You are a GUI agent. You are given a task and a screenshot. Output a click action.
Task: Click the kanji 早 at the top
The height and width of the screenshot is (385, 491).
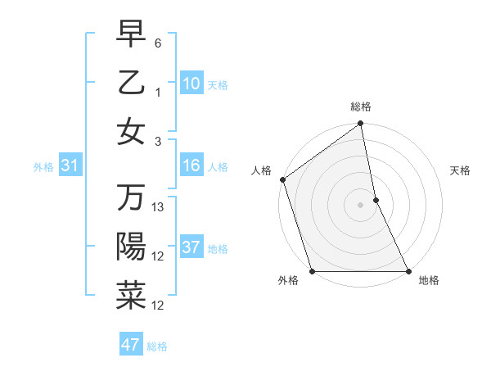click(x=131, y=34)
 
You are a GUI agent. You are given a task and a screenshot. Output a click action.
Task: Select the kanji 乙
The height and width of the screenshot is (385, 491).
click(x=131, y=82)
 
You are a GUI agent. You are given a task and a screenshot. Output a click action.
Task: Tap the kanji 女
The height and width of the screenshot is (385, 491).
click(x=131, y=131)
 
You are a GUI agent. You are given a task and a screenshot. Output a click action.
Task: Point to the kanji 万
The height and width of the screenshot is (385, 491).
click(x=131, y=198)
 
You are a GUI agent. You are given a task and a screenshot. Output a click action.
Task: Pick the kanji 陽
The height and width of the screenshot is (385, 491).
click(x=131, y=247)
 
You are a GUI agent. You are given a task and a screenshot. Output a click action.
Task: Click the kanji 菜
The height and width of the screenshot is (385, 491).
click(x=131, y=296)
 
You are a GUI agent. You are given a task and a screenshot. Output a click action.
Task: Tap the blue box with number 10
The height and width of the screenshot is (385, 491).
click(x=191, y=83)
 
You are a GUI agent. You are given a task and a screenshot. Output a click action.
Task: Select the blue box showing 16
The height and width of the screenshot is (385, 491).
click(x=191, y=166)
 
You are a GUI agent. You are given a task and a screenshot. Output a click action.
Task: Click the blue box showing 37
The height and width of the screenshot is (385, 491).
click(x=191, y=247)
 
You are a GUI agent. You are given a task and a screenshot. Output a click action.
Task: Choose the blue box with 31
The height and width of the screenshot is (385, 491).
click(x=70, y=166)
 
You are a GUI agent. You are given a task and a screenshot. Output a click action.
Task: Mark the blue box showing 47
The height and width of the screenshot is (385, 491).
click(x=131, y=345)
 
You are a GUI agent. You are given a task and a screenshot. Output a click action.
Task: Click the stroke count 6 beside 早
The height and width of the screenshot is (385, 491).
click(x=158, y=42)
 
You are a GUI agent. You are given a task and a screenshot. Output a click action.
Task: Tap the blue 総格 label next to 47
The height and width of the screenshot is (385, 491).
click(x=157, y=346)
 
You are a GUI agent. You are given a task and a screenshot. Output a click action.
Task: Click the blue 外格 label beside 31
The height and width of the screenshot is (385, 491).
click(x=43, y=167)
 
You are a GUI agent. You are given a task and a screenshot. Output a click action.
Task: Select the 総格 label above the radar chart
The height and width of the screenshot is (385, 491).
click(x=361, y=106)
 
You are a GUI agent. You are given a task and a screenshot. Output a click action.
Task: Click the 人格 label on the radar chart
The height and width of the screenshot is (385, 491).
click(x=262, y=170)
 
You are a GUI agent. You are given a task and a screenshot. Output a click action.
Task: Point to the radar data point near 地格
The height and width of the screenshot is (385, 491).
click(x=408, y=271)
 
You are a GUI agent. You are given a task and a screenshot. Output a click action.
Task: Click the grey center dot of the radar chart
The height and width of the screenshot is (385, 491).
click(x=361, y=205)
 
